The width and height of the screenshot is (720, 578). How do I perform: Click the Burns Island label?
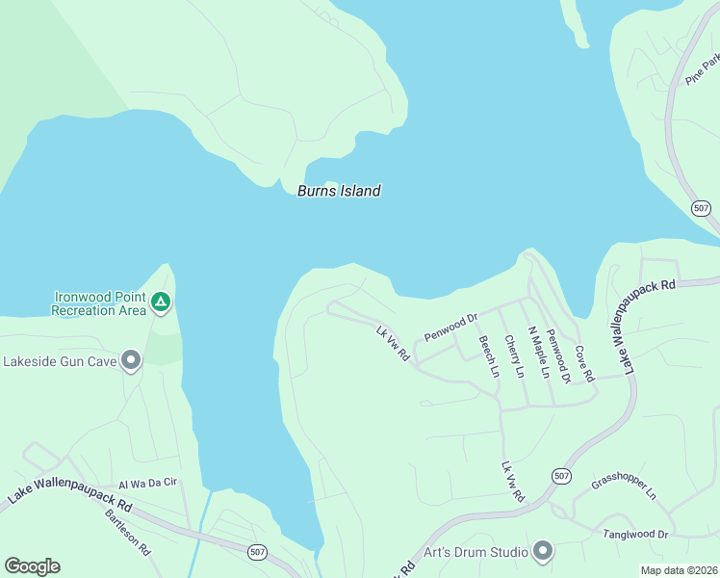coord(339,191)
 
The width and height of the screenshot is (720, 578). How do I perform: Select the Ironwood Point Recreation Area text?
coord(98,303)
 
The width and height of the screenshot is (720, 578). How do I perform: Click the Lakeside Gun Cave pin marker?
coord(131,361)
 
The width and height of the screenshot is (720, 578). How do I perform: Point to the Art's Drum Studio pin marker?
coord(543,551)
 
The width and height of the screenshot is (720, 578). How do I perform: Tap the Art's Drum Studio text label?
coord(476,552)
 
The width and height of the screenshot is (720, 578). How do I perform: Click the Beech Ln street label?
coord(488,356)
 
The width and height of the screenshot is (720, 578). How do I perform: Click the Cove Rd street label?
coord(584,363)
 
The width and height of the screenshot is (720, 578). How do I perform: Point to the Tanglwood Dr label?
coord(635,534)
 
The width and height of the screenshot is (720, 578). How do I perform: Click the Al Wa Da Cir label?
coord(148,484)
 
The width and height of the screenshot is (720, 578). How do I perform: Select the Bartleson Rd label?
coord(128,531)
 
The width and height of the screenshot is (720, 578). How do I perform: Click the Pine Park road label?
coord(703,68)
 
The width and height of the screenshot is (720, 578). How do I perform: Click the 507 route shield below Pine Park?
coord(702,208)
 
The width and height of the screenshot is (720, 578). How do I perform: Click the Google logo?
coord(32,566)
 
